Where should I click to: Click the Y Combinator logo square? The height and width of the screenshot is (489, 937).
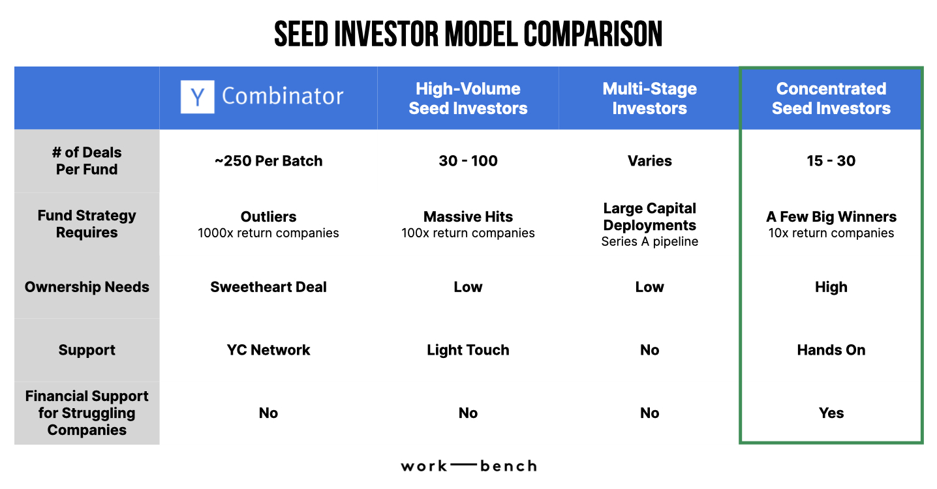click(x=197, y=97)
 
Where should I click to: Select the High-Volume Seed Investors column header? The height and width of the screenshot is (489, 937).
click(x=468, y=98)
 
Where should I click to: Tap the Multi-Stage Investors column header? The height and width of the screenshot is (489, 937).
click(x=649, y=98)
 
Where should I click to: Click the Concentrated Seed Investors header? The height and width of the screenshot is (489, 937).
click(x=831, y=98)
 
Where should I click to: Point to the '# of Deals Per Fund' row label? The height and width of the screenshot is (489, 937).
click(x=87, y=161)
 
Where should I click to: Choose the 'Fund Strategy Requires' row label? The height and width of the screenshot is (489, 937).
click(x=87, y=224)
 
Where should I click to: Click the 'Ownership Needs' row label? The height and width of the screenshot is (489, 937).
click(x=87, y=287)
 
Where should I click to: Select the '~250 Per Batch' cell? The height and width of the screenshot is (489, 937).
click(x=268, y=161)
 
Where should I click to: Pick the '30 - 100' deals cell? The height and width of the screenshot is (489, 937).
click(x=468, y=161)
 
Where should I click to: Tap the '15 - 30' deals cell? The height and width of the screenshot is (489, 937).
click(x=831, y=161)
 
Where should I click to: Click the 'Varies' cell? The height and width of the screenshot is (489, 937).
click(x=649, y=161)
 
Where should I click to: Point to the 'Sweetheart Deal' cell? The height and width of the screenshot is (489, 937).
click(x=268, y=287)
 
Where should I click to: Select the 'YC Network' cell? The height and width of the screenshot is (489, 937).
click(x=268, y=350)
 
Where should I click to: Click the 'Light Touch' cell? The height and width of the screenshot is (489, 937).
click(x=468, y=350)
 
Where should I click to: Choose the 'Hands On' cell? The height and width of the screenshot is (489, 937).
click(x=831, y=350)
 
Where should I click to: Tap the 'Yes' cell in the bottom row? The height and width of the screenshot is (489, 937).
click(x=831, y=413)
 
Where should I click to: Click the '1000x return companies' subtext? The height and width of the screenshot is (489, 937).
click(x=268, y=233)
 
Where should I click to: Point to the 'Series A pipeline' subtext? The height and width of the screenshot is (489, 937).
click(x=649, y=242)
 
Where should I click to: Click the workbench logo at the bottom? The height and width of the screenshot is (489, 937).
click(x=468, y=466)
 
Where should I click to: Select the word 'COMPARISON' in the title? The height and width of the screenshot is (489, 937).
click(x=592, y=34)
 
